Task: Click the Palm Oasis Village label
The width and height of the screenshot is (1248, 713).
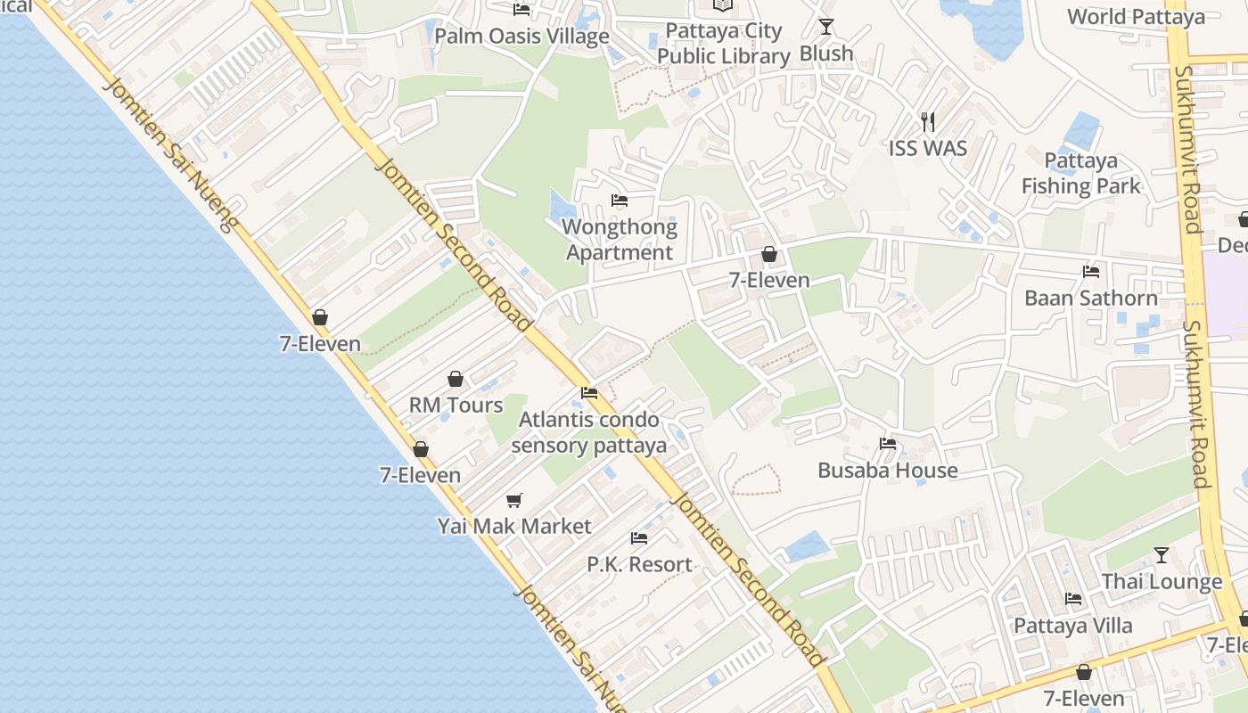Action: (521, 37)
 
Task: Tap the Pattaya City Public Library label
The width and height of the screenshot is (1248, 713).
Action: (723, 44)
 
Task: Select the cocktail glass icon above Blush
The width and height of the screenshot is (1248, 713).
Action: (826, 27)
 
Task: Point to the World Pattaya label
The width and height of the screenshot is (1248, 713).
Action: (1136, 16)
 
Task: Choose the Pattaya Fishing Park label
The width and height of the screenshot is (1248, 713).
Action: (1080, 174)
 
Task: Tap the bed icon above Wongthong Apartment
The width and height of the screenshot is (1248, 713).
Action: (620, 201)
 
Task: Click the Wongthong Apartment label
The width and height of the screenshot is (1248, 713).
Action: (620, 240)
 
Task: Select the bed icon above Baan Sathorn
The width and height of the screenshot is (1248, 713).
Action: (1090, 272)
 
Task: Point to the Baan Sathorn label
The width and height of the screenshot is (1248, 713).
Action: (1090, 298)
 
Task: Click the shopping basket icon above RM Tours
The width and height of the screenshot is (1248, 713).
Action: (456, 379)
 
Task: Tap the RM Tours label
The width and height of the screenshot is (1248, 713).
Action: (456, 405)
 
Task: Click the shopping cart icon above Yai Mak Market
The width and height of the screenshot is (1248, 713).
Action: (513, 500)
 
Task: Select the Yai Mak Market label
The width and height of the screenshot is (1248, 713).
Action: (513, 526)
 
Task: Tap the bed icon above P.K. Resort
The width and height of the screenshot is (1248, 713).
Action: (639, 538)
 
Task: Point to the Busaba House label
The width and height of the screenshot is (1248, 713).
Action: (887, 470)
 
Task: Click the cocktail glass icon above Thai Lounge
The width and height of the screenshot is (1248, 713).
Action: (1161, 555)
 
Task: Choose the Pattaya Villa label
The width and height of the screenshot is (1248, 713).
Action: (1072, 625)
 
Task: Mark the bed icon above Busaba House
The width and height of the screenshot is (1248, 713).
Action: (887, 444)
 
